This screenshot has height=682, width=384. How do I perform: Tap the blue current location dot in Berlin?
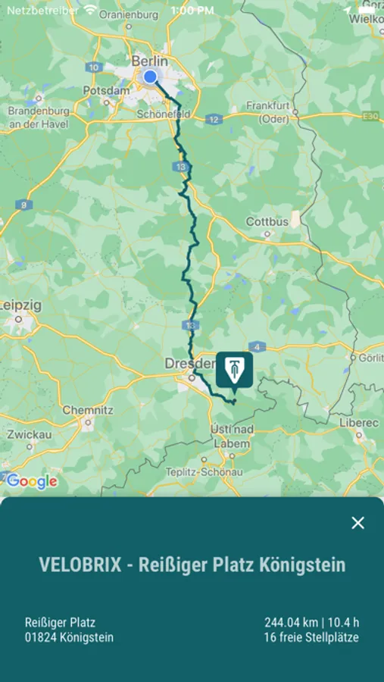tap(150, 77)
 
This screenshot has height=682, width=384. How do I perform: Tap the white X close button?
tap(358, 523)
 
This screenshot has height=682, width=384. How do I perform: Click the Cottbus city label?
tap(267, 222)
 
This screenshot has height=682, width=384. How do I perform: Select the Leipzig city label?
tap(21, 305)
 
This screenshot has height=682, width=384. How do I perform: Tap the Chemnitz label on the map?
tap(87, 410)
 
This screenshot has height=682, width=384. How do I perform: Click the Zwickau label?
tap(30, 435)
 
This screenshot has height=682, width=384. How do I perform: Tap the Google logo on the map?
tap(32, 481)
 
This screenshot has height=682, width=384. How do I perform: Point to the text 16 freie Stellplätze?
tap(311, 637)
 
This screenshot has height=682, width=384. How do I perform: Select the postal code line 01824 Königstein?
tap(69, 637)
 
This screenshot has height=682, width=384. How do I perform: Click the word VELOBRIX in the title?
tap(80, 565)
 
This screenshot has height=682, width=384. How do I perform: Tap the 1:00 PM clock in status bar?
tap(192, 11)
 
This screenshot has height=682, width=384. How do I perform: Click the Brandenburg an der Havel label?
tap(39, 117)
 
